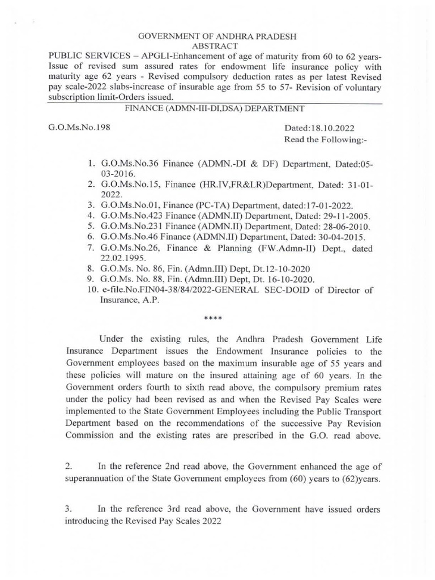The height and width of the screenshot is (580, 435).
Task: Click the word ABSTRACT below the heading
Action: [x=217, y=46]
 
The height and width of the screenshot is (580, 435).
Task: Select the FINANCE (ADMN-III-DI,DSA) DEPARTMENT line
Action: [x=217, y=108]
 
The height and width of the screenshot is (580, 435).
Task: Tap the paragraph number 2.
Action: [x=68, y=466]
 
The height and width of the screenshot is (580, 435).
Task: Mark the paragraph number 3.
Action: [x=68, y=509]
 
